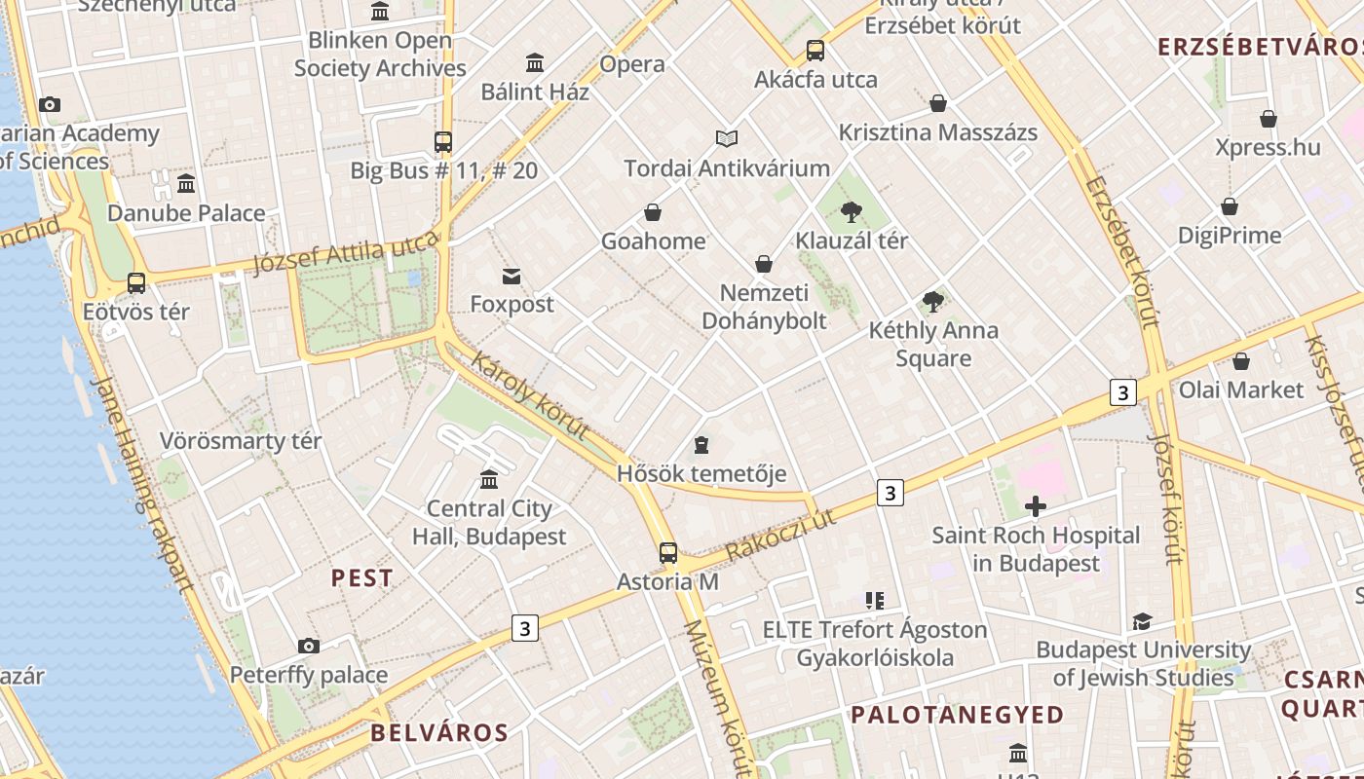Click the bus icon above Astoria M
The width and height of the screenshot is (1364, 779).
pyautogui.click(x=668, y=553)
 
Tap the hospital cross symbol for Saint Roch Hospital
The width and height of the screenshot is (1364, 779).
pyautogui.click(x=1036, y=506)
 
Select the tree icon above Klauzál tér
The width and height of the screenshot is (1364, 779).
pyautogui.click(x=852, y=211)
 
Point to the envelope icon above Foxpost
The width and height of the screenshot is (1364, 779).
pyautogui.click(x=511, y=277)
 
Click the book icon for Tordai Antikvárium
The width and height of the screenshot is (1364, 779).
pyautogui.click(x=727, y=138)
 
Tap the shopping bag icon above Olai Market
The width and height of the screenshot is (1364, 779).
pyautogui.click(x=1240, y=361)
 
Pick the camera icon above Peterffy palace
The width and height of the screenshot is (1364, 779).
pyautogui.click(x=309, y=646)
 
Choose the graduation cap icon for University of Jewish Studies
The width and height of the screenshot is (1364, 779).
pyautogui.click(x=1142, y=621)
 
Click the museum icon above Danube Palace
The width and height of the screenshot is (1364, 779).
pyautogui.click(x=186, y=183)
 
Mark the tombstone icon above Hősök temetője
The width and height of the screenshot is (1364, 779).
pyautogui.click(x=701, y=446)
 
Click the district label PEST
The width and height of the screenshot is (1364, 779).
pyautogui.click(x=361, y=578)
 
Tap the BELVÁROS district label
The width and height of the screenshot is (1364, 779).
pyautogui.click(x=439, y=732)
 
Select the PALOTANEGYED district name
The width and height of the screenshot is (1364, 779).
pyautogui.click(x=957, y=715)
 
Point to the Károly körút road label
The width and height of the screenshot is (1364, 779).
pyautogui.click(x=531, y=396)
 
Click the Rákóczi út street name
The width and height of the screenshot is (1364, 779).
pyautogui.click(x=780, y=537)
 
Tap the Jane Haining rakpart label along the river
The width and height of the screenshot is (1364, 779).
pyautogui.click(x=140, y=483)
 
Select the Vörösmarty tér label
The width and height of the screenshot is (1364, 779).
pyautogui.click(x=241, y=441)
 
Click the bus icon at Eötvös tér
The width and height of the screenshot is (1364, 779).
pyautogui.click(x=136, y=283)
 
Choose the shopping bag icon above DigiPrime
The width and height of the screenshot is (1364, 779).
pyautogui.click(x=1230, y=206)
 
